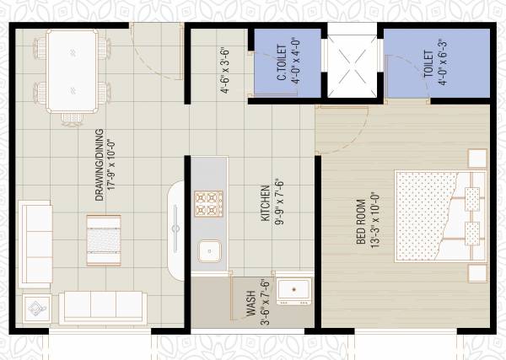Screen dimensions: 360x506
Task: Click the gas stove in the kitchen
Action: click(208, 203)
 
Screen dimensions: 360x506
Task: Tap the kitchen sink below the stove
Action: click(208, 251)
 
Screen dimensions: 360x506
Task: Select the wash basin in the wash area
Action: click(294, 290)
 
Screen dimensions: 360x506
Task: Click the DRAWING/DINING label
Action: click(99, 165)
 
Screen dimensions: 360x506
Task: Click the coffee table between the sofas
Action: click(104, 234)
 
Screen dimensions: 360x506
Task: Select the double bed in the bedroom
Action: click(439, 217)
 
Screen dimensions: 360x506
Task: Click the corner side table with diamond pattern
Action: click(37, 308)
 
